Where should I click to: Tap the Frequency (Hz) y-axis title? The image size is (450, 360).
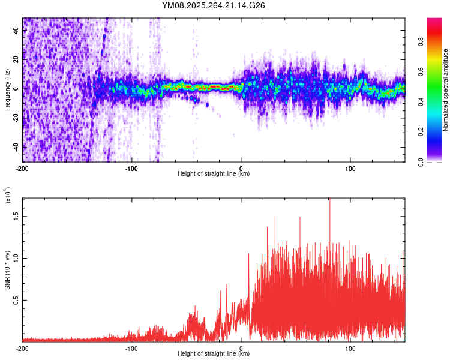[x=7, y=90]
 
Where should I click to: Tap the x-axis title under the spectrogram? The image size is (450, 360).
[x=214, y=174]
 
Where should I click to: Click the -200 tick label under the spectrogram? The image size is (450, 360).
[x=23, y=168]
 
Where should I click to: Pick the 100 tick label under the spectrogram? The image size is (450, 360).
[x=350, y=168]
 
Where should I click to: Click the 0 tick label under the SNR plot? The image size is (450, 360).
[x=241, y=348]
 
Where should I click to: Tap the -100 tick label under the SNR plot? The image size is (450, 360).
[x=131, y=348]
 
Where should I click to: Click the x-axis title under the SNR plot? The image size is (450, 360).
[x=214, y=354]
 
